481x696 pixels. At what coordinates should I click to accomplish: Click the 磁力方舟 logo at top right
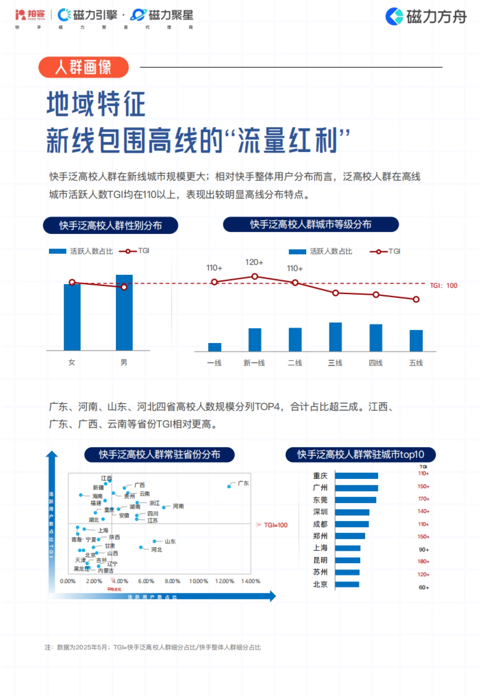pos(426,16)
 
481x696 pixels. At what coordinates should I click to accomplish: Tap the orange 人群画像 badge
pos(83,67)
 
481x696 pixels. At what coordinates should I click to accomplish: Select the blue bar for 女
pos(72,317)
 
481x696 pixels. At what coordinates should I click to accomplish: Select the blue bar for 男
pos(124,312)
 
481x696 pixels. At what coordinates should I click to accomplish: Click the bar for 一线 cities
pos(214,347)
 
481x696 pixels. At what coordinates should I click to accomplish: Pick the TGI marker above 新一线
pos(255,276)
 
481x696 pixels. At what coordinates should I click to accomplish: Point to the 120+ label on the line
pos(254,262)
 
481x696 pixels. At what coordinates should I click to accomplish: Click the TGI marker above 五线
pos(416,299)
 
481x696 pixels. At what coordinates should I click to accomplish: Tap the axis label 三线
pos(335,363)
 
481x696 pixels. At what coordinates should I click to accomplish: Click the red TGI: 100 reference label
pos(443,286)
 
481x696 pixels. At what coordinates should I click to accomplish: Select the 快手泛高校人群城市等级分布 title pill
pos(311,225)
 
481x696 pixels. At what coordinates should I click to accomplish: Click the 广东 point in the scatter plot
pos(229,486)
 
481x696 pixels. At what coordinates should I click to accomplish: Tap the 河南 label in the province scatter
pos(178,506)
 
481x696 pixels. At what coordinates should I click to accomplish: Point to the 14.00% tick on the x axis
pos(251,581)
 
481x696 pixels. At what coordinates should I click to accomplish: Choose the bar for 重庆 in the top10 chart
pos(356,476)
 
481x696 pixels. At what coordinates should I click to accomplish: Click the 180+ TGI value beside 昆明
pos(423,561)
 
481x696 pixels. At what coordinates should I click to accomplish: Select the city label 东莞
pos(320,500)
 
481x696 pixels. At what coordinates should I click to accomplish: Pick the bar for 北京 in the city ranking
pos(347,584)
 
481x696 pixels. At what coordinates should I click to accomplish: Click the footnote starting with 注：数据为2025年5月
pos(153,647)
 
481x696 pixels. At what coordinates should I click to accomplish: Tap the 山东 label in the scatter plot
pos(170,542)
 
